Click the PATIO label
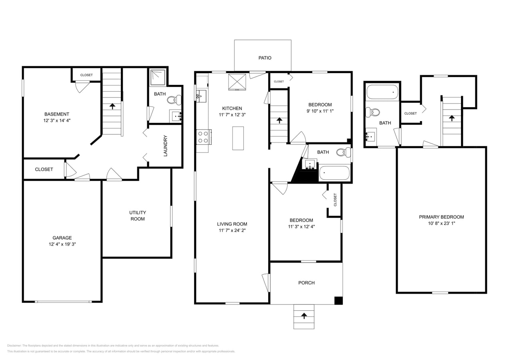pos(265,58)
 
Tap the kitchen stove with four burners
pos(203,137)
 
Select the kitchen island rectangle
pos(238,138)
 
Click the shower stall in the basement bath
pos(158,78)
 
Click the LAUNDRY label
pos(165,146)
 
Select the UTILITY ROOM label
pos(137,216)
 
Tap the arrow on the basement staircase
pos(112,106)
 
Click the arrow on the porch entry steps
pos(304,316)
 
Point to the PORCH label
pos(306,283)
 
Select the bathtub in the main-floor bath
pos(335,173)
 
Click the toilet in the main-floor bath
pos(343,152)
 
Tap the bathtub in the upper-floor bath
pos(383,92)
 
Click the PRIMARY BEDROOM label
pos(441,217)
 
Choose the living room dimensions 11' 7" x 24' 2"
pos(232,230)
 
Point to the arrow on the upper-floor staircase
pos(452,118)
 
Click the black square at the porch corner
pos(339,300)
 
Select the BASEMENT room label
pos(56,114)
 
